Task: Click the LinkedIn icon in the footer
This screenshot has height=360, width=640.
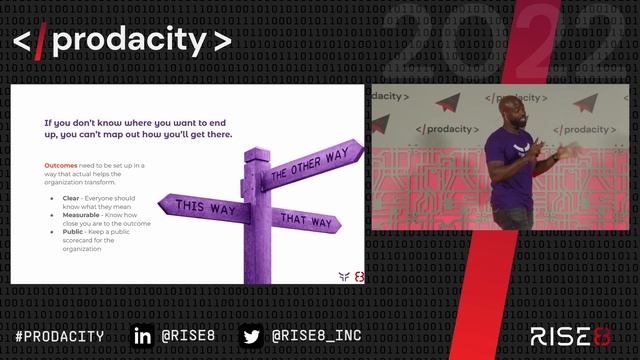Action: click(143, 336)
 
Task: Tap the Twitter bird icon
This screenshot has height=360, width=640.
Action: click(252, 336)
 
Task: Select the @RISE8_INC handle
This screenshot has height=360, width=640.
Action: click(316, 336)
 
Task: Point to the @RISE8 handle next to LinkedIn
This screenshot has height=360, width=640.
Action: click(187, 336)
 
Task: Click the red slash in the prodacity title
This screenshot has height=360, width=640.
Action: click(42, 40)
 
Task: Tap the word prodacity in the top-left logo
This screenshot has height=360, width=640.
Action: click(132, 40)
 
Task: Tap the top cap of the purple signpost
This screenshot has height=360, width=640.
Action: click(257, 152)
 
